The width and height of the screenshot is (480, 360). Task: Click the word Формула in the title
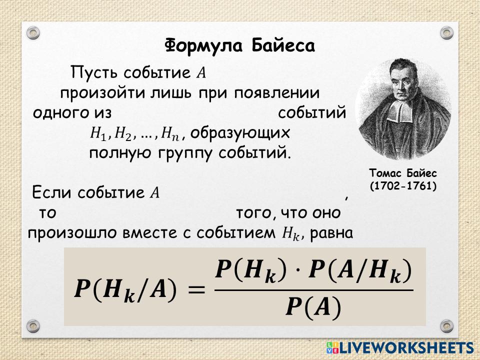204,45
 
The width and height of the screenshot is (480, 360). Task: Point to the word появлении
277,93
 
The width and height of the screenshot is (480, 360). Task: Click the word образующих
240,133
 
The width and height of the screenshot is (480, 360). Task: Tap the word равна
331,233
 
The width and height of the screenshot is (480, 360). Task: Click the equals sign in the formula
196,289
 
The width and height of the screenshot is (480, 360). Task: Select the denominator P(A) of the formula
313,306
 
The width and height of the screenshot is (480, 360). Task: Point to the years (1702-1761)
403,186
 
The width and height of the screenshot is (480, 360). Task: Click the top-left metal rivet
33,33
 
